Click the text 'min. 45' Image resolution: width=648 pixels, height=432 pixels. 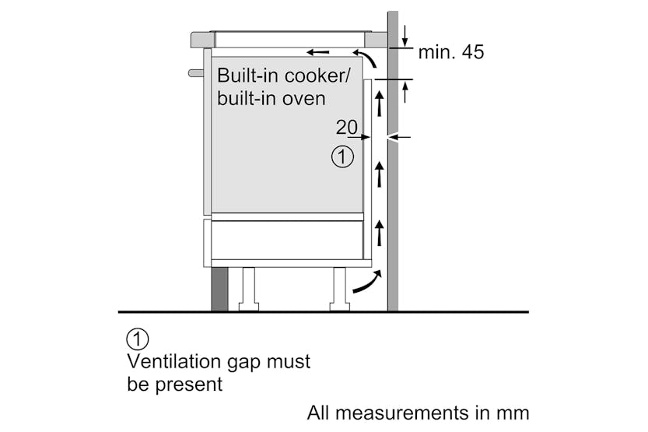pos(450,52)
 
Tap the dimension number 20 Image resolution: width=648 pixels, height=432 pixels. pos(346,127)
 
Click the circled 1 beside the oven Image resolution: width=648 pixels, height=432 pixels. pos(342,156)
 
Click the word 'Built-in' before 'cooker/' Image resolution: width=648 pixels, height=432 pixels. pos(243,76)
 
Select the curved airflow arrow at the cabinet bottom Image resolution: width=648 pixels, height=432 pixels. pos(367,283)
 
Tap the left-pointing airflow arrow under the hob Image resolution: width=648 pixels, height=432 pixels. pos(317,52)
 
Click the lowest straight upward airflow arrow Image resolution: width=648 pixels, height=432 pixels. pos(380,232)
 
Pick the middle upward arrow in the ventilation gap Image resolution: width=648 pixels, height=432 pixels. pos(380,173)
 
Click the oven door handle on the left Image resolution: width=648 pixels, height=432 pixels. pos(195,73)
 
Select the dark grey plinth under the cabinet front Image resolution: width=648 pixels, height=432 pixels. pos(219,289)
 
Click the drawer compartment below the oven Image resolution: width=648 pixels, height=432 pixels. pos(286,240)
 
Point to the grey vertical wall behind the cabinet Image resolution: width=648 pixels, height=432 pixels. pos(393,195)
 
